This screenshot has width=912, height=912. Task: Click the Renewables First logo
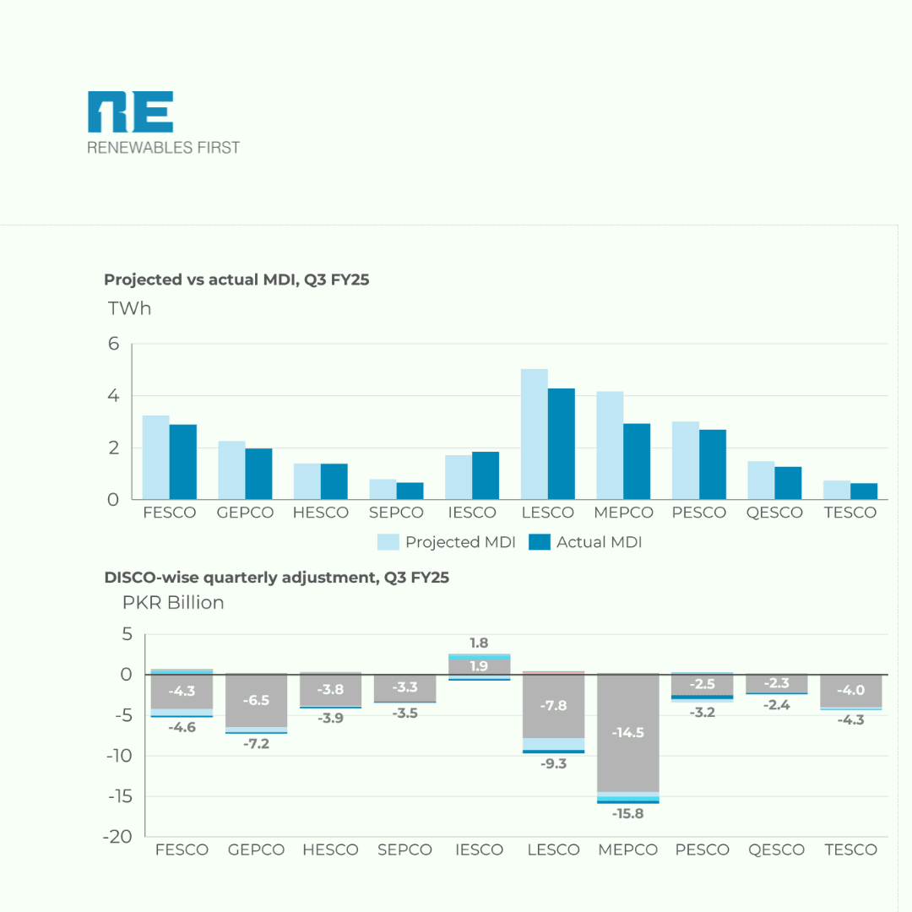tap(163, 123)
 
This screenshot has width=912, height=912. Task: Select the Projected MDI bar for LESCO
tap(534, 434)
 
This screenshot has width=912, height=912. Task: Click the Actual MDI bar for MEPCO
tap(637, 461)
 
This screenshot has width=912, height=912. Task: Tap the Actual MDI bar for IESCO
tap(486, 475)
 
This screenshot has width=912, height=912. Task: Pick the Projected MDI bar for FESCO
tap(155, 457)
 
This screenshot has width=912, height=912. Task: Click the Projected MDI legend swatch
tap(388, 542)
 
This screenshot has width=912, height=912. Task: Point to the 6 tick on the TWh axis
tap(114, 344)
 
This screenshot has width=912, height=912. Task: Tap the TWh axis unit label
tap(130, 308)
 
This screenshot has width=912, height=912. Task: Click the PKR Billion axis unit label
tap(174, 602)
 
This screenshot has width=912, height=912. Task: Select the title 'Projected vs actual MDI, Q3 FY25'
tap(236, 280)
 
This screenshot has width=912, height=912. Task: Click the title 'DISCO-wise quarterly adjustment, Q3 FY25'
tap(276, 578)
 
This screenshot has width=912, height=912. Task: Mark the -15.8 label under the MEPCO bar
tap(628, 814)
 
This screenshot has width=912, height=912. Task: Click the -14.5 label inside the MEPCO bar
tap(628, 732)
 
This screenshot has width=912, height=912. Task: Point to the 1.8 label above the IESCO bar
tap(479, 643)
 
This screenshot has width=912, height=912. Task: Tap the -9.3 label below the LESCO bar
tap(554, 763)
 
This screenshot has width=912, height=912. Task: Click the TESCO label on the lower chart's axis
tap(850, 850)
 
